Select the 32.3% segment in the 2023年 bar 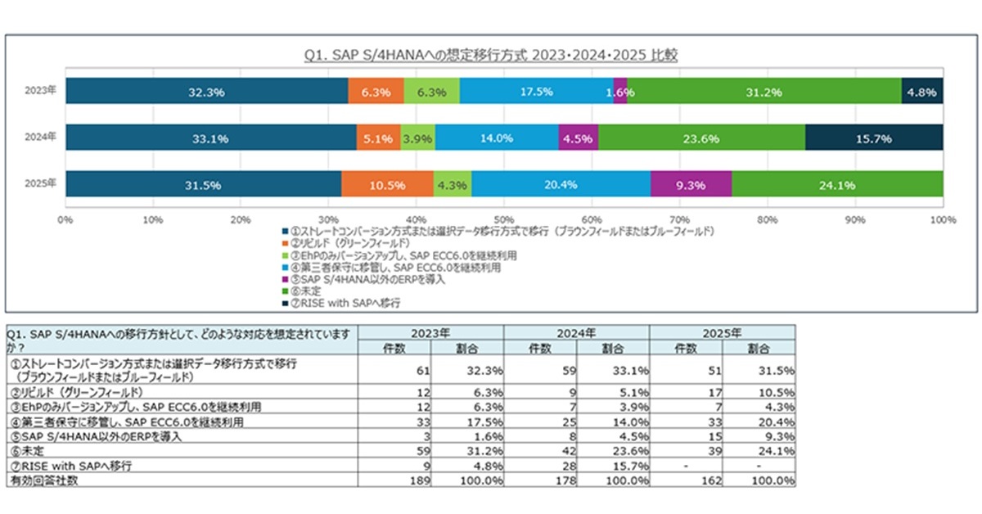coord(206,92)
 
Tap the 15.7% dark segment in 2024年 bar coord(874,138)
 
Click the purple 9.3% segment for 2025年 coord(691,185)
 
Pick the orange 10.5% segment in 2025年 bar coord(387,185)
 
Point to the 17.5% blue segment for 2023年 coord(536,92)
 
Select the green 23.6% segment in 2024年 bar coord(701,138)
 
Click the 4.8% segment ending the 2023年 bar coord(921,92)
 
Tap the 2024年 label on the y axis coord(40,138)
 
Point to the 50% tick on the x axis coord(504,220)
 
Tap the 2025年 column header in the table coord(722,333)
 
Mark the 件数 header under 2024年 coord(541,347)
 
